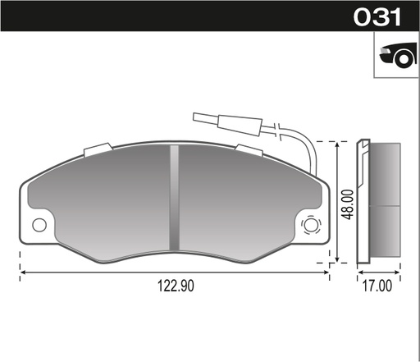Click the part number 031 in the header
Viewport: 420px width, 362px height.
pos(377,16)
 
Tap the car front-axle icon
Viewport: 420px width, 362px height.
pos(398,55)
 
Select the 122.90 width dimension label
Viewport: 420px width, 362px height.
pos(176,286)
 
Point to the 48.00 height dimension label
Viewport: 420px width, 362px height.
pos(349,204)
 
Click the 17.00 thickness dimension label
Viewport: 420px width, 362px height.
pos(377,286)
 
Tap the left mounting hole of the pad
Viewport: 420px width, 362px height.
pos(39,225)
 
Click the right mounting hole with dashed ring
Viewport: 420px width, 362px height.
pos(311,225)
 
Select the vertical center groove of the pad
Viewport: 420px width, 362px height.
pos(174,197)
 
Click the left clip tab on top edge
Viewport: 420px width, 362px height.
pos(98,150)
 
